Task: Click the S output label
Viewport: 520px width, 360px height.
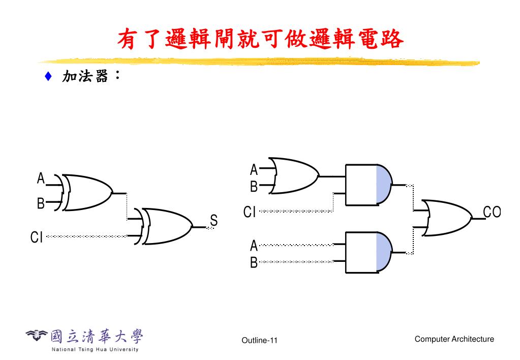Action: coord(213,221)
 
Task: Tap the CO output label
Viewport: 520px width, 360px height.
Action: coord(492,212)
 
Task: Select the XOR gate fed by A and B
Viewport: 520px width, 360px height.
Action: coord(87,193)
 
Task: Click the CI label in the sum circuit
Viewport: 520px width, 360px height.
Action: coord(36,237)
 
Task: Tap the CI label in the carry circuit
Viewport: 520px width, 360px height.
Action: coord(249,212)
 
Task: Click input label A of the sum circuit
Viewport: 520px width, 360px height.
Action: coord(41,178)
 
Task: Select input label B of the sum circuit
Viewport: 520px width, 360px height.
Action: coord(41,204)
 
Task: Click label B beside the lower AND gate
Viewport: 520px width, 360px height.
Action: coord(254,263)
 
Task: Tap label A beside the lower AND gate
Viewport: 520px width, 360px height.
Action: coord(254,246)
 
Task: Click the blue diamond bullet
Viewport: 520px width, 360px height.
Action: coord(48,77)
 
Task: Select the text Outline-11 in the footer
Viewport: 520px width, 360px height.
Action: coord(260,340)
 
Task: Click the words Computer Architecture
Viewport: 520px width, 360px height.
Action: coord(454,339)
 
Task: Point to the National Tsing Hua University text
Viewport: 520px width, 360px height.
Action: coord(95,349)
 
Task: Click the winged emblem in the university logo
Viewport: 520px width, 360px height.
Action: coord(37,335)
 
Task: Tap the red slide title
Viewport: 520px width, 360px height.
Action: coord(260,39)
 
